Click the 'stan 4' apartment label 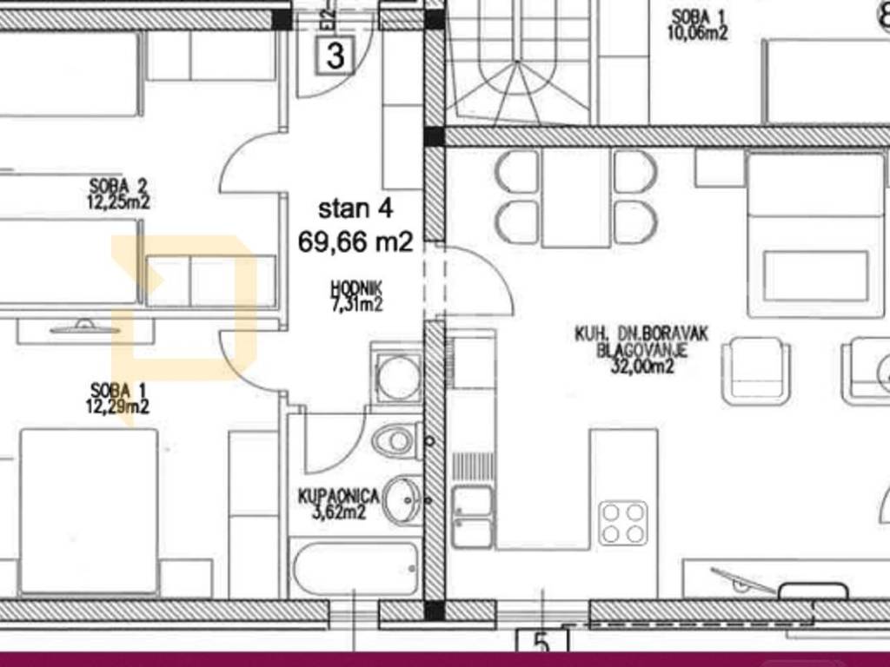tap(355, 208)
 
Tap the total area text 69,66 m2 tap(355, 242)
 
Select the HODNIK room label tap(355, 289)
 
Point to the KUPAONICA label tap(338, 498)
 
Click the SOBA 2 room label tap(118, 186)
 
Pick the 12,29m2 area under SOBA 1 tap(117, 406)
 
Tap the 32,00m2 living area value tap(642, 367)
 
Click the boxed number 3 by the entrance tap(335, 56)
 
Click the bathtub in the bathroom tap(355, 568)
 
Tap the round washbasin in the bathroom tap(402, 499)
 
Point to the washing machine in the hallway tap(396, 374)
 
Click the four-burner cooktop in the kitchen tap(623, 522)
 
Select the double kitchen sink tap(472, 517)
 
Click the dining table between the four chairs tap(576, 198)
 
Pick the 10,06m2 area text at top tap(697, 33)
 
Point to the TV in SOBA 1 tap(85, 327)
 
